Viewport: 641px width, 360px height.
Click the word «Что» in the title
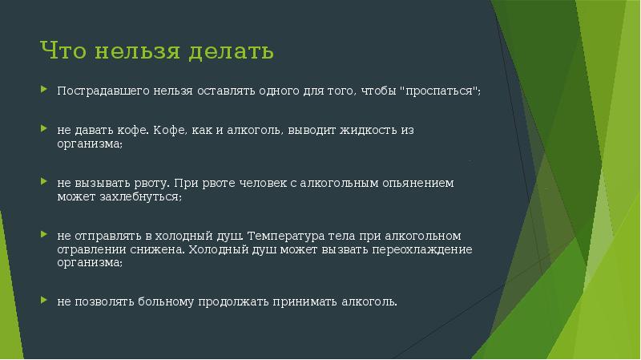[63, 51]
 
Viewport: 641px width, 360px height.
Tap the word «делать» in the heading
[231, 51]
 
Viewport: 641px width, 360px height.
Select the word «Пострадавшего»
[103, 91]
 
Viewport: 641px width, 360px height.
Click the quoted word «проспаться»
[439, 91]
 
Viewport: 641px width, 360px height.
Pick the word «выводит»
[312, 130]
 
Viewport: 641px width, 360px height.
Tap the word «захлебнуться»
[141, 196]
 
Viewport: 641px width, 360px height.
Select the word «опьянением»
[417, 183]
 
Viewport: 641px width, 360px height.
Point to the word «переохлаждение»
[422, 249]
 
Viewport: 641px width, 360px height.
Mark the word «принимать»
[305, 302]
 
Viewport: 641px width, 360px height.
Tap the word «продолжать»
[233, 302]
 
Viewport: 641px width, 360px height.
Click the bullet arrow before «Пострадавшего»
[44, 89]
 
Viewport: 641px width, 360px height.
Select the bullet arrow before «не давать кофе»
[44, 128]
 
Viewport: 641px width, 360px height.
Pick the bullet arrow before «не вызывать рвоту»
[44, 181]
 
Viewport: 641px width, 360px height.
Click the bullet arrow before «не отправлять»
[44, 234]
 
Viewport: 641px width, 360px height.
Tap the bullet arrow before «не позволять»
[44, 300]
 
